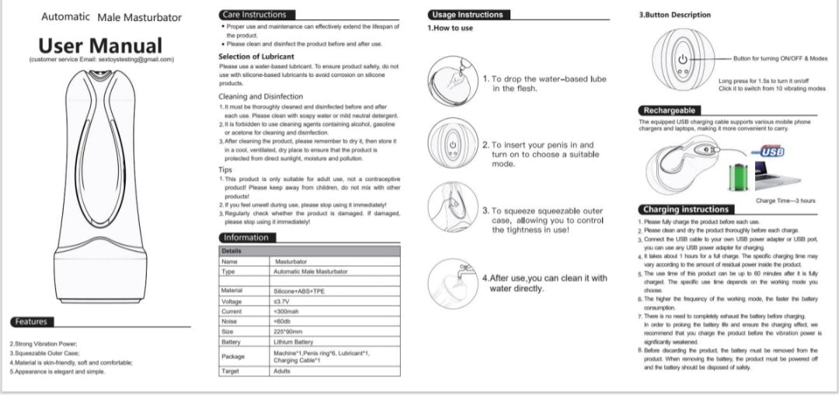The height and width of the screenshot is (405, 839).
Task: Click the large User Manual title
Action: click(100, 45)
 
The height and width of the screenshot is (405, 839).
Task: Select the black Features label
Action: click(30, 321)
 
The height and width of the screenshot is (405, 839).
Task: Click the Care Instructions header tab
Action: click(254, 14)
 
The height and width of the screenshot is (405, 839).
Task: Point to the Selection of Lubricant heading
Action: click(256, 57)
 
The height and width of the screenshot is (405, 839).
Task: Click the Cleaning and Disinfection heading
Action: click(261, 97)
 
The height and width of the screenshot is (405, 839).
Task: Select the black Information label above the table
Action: click(246, 237)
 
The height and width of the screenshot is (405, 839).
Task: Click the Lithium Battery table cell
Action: click(294, 341)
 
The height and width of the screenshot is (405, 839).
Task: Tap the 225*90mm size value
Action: click(288, 331)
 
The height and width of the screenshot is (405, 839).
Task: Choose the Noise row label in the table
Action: click(229, 320)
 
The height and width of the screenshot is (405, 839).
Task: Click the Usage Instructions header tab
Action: click(466, 14)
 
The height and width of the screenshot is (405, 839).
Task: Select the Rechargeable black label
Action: click(669, 110)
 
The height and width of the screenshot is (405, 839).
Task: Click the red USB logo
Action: click(771, 151)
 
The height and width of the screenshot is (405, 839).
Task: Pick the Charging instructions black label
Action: click(685, 209)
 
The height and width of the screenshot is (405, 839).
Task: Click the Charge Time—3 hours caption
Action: click(785, 201)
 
